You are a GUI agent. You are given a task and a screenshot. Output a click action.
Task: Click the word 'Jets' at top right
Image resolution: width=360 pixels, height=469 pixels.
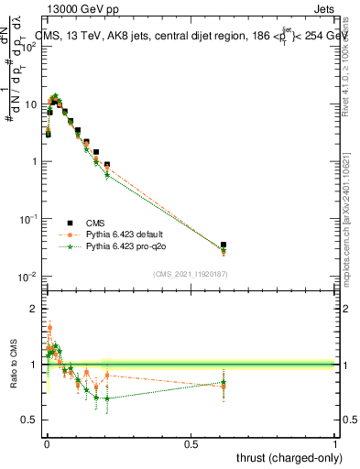324,8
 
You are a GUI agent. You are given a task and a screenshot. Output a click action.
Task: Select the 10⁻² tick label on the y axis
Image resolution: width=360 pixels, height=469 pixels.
29,277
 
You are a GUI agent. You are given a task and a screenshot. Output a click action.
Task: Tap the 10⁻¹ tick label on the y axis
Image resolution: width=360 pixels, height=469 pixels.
29,219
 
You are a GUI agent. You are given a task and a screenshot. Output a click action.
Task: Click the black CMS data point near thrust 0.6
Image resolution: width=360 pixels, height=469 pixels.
224,245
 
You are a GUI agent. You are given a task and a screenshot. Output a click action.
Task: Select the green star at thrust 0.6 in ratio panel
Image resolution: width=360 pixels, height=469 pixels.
224,383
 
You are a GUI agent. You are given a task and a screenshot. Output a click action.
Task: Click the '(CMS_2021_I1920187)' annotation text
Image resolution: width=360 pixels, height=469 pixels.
190,274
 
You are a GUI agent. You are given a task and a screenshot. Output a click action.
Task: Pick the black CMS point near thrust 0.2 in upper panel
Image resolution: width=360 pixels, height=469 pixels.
107,165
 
